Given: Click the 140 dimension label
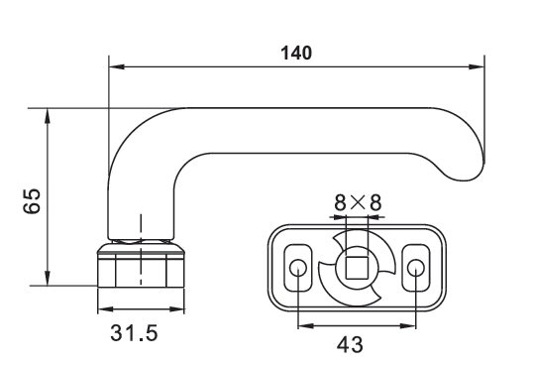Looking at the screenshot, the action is point(296,54).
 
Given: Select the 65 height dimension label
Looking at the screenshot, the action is point(32,200).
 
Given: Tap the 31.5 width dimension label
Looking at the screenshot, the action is point(134,332).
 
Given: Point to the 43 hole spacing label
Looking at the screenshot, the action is point(350,345).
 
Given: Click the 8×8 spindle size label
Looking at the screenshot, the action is point(358,202).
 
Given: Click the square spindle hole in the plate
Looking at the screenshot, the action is point(357,268).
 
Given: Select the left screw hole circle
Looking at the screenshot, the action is point(298,268).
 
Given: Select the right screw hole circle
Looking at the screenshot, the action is point(416,268).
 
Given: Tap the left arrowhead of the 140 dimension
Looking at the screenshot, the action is point(117,66).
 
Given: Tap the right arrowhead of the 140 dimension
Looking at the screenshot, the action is point(477,66).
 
